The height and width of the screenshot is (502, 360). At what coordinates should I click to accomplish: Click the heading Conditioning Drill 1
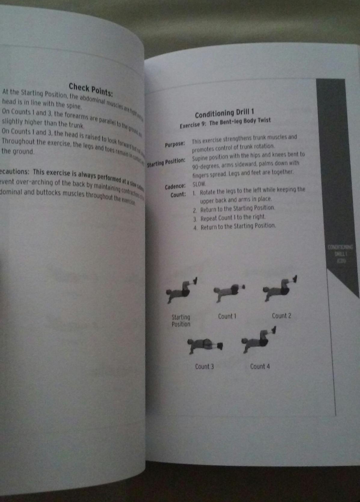click(224, 113)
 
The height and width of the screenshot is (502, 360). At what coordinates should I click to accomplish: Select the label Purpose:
click(175, 144)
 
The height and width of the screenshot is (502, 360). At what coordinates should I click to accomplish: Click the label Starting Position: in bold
click(166, 162)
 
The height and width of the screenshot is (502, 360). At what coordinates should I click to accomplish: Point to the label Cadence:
click(175, 187)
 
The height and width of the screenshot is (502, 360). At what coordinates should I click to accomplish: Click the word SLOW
click(199, 184)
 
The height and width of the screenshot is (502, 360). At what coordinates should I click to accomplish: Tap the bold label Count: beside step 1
click(178, 195)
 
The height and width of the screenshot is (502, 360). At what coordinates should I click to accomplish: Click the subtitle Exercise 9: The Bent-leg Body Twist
click(225, 122)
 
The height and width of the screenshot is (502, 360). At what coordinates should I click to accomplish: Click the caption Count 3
click(204, 367)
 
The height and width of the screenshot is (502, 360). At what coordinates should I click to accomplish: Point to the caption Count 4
click(260, 366)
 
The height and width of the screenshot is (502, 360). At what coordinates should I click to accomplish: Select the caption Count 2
click(281, 316)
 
